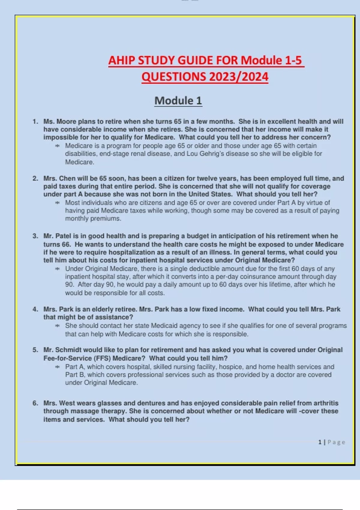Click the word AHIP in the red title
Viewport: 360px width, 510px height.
click(x=121, y=60)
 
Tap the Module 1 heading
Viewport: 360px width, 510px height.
click(x=178, y=100)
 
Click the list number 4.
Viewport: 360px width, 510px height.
click(x=35, y=309)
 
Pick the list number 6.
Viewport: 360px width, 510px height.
click(x=35, y=403)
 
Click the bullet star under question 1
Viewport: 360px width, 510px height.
click(x=57, y=146)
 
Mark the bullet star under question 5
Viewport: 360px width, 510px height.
click(x=57, y=367)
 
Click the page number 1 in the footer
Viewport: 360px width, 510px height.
click(x=320, y=442)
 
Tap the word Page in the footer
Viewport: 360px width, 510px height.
click(x=336, y=442)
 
